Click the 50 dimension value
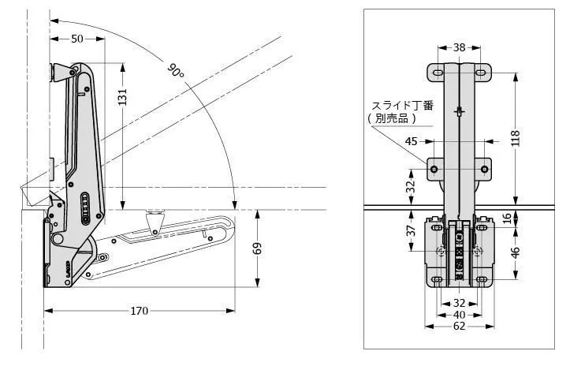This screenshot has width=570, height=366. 77,39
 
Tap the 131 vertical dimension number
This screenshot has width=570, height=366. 122,97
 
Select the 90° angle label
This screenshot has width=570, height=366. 176,70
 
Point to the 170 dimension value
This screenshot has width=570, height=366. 140,311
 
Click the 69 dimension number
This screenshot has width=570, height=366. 257,248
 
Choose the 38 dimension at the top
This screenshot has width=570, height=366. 460,47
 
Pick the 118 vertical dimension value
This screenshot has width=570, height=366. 516,137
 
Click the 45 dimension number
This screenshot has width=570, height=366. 412,141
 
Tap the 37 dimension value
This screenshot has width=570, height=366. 411,230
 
